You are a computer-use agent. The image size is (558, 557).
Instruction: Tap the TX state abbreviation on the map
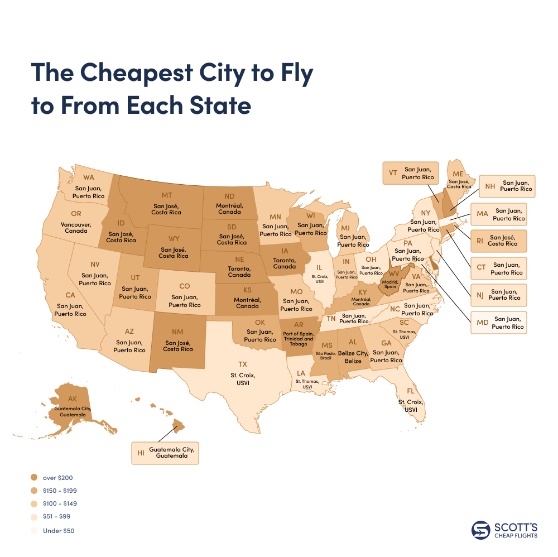pyautogui.click(x=243, y=363)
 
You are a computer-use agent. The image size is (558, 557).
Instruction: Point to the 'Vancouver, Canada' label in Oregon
pyautogui.click(x=79, y=227)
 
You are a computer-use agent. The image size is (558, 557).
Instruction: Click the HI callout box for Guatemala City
pyautogui.click(x=165, y=453)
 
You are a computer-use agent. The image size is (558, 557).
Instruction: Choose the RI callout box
pyautogui.click(x=498, y=241)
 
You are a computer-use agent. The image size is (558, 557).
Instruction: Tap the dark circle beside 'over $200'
pyautogui.click(x=34, y=478)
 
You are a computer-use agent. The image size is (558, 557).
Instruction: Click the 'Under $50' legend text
pyautogui.click(x=59, y=531)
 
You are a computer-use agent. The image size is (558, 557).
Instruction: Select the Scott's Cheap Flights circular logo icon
pyautogui.click(x=480, y=530)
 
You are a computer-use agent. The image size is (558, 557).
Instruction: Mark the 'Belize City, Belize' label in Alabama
pyautogui.click(x=353, y=357)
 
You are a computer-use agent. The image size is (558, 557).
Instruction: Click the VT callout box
pyautogui.click(x=410, y=173)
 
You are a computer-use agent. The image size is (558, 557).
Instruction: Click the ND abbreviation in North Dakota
pyautogui.click(x=229, y=196)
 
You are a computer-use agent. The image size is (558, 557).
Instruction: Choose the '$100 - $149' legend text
pyautogui.click(x=60, y=503)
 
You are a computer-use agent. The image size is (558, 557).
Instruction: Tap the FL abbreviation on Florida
pyautogui.click(x=410, y=391)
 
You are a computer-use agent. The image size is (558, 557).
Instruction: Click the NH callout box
pyautogui.click(x=507, y=186)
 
